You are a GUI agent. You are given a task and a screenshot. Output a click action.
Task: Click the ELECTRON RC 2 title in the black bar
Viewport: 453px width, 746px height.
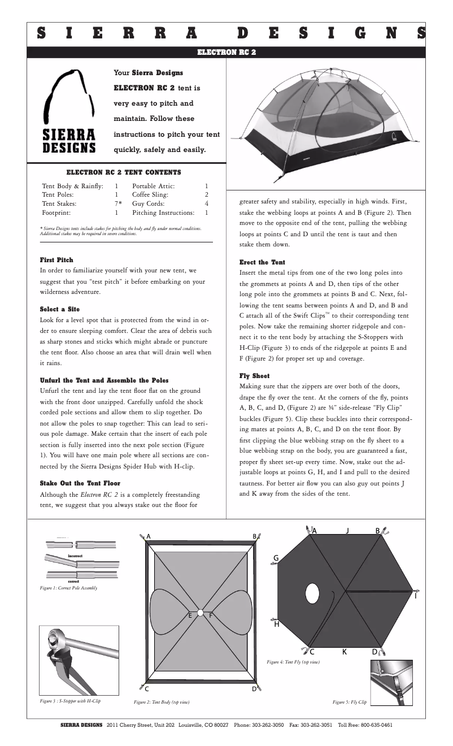(226, 52)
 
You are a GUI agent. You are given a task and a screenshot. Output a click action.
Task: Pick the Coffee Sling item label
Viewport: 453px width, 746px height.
(150, 194)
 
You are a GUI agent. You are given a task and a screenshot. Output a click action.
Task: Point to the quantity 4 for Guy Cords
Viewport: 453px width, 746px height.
(207, 203)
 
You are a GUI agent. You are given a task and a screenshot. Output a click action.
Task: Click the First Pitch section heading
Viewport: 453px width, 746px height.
(56, 259)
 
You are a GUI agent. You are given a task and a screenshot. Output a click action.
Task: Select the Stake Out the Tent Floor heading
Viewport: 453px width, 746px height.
(80, 483)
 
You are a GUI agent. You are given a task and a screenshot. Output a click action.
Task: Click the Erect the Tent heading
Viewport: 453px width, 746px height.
(263, 262)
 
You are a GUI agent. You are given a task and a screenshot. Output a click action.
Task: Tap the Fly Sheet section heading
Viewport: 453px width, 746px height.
(255, 376)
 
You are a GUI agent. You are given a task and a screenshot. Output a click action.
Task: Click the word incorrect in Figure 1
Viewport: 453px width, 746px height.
(75, 556)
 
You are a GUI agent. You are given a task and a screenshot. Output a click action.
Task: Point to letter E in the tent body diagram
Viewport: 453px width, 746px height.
(190, 614)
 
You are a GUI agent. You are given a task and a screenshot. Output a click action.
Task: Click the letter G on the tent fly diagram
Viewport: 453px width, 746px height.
(276, 558)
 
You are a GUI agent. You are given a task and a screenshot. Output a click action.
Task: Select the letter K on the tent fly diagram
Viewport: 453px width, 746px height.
(344, 652)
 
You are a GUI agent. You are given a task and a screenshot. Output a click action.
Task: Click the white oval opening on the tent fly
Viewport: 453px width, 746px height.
(311, 593)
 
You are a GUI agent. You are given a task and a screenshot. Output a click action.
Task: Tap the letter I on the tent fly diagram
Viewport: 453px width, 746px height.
(416, 596)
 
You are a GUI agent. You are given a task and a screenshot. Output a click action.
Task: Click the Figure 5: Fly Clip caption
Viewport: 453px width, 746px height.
(350, 702)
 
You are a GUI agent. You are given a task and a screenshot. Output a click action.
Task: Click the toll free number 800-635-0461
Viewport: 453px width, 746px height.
(373, 725)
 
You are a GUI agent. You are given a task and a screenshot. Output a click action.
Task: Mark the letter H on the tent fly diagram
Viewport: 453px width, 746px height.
(276, 624)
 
